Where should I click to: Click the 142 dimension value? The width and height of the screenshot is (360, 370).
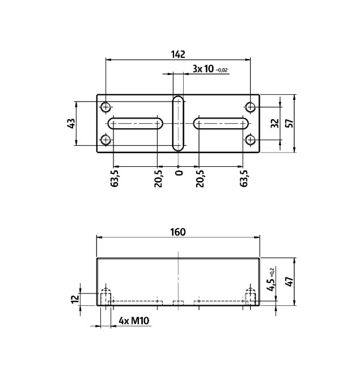click(x=178, y=54)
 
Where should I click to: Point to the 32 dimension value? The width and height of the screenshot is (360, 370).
click(x=274, y=123)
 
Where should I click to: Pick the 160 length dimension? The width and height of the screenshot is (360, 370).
click(x=178, y=232)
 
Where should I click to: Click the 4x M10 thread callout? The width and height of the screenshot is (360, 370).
click(x=134, y=322)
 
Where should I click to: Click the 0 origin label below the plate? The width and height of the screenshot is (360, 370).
click(x=179, y=173)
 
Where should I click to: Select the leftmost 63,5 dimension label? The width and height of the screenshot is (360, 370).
click(x=115, y=178)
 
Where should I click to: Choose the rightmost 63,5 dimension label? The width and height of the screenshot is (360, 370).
click(x=244, y=178)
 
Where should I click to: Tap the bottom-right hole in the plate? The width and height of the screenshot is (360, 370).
click(x=251, y=140)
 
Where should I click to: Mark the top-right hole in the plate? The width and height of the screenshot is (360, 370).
click(x=251, y=107)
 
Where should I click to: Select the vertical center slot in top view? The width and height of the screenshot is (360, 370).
click(x=178, y=123)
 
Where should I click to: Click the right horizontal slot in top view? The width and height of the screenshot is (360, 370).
click(x=221, y=123)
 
